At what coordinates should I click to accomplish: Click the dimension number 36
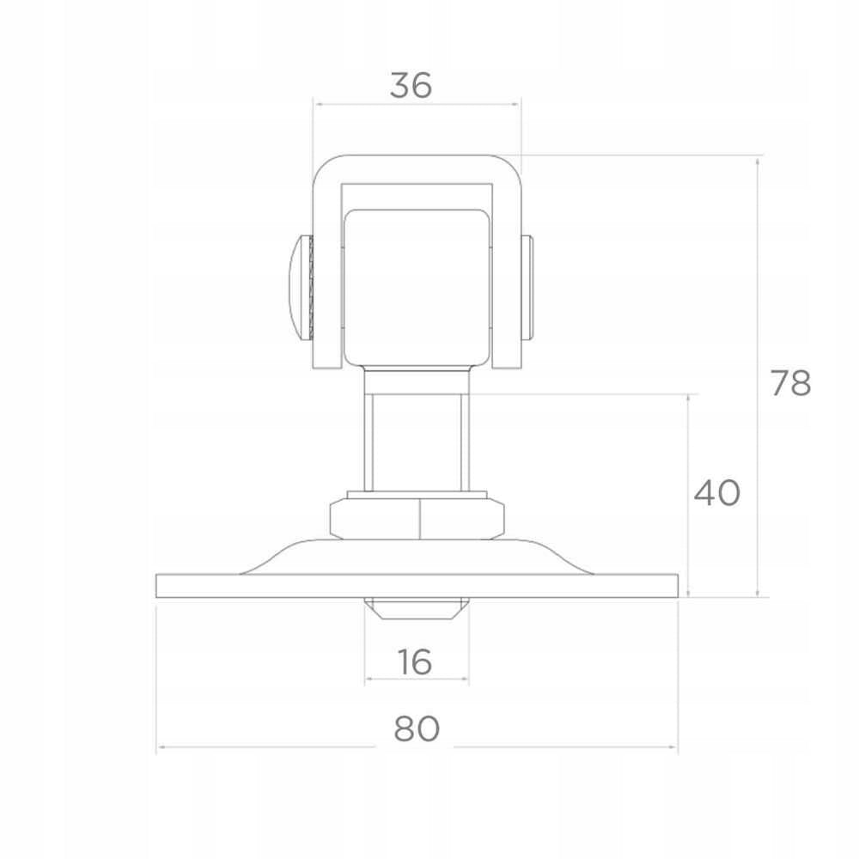411,85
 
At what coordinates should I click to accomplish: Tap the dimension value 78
790,383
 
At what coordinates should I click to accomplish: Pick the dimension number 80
417,728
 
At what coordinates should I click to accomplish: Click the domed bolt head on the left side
299,288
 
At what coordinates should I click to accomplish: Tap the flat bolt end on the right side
527,288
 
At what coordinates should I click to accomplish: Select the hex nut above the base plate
417,518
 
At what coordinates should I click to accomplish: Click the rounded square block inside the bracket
417,288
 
